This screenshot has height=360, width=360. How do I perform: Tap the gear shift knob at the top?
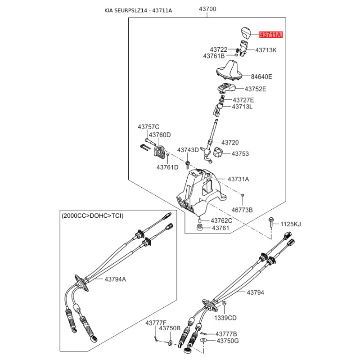point(245,33)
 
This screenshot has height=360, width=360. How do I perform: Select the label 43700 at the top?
point(207,9)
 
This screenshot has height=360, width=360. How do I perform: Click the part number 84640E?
point(262,76)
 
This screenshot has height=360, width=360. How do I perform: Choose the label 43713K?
point(266,50)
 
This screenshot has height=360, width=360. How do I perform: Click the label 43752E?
point(255,89)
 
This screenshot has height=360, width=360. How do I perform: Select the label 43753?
point(240,153)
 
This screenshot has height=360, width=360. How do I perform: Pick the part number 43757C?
point(148,127)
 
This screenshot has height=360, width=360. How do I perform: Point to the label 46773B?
point(242,210)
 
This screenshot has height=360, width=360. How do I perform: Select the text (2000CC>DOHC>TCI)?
point(92,216)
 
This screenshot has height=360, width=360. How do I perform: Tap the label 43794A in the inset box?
point(116,279)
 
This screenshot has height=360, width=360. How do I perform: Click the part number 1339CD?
point(225,318)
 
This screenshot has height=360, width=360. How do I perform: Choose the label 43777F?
point(156,323)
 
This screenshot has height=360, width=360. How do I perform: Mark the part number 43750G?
point(228,341)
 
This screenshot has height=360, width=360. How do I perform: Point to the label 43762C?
point(222,220)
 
